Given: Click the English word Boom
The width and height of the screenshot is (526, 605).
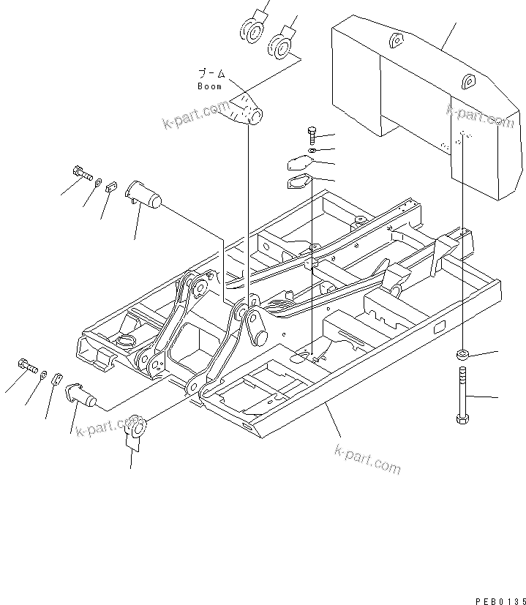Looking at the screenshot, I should click(209, 86).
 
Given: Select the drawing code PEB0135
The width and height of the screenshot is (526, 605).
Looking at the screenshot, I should click(500, 600).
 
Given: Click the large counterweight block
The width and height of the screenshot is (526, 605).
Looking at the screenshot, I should click(424, 102).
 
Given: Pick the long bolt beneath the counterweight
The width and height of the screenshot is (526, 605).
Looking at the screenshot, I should click(462, 396).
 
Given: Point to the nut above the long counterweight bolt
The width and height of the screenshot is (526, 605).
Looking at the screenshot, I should click(462, 355).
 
